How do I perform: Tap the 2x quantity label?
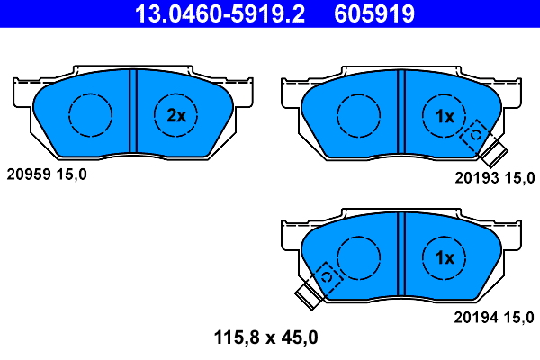[176, 115]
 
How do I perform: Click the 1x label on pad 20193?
[445, 115]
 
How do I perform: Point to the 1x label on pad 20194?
[445, 258]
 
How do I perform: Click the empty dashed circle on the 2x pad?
[90, 114]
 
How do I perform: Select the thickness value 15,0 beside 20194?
[520, 316]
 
